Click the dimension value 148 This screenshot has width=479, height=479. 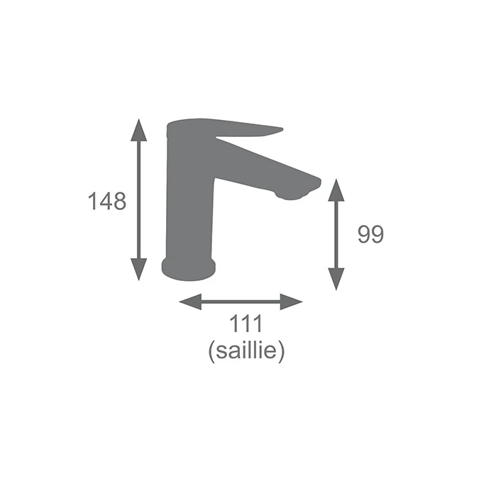click(107, 202)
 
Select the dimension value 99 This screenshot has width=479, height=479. click(370, 234)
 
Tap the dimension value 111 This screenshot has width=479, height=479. click(246, 324)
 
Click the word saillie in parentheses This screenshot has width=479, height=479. click(246, 351)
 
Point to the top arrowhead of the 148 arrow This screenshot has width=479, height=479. click(138, 130)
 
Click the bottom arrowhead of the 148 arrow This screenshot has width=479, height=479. click(138, 270)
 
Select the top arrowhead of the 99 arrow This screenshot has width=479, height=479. click(336, 190)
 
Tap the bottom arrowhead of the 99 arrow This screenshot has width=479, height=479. click(336, 279)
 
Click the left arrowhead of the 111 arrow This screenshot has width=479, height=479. click(190, 302)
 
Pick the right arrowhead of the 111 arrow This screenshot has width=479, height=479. click(292, 302)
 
